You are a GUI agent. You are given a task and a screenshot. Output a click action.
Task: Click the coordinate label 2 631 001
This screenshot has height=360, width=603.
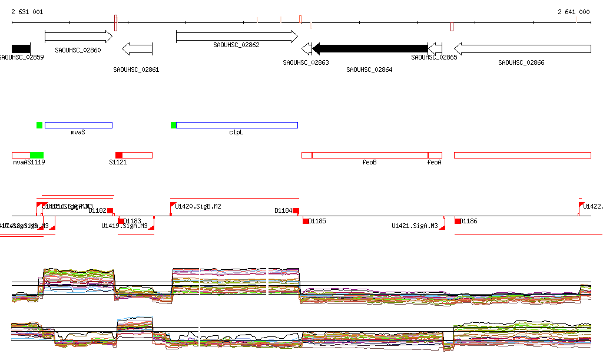coord(26,12)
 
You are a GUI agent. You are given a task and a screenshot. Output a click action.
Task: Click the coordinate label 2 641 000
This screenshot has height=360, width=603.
coord(574,12)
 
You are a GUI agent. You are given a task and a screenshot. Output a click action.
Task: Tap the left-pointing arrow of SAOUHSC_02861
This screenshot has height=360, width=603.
coord(137,48)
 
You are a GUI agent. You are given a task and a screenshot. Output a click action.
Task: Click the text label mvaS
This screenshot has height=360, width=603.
coord(78,132)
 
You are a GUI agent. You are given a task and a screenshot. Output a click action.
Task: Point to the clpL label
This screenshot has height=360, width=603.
coord(236,132)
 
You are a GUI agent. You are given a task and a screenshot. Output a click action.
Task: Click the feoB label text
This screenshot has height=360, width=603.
coord(369,162)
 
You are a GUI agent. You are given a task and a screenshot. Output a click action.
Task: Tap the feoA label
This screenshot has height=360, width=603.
coord(434,162)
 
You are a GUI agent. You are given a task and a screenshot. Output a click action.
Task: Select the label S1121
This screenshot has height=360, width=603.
coord(118,162)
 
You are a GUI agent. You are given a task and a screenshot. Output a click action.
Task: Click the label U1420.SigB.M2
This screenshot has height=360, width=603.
coord(198,206)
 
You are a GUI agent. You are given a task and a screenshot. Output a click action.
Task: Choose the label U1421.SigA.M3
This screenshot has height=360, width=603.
coord(415,226)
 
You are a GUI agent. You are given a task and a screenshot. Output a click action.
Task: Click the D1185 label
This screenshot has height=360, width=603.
coord(317,221)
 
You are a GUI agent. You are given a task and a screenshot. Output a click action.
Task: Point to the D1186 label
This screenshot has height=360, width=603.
coord(469,221)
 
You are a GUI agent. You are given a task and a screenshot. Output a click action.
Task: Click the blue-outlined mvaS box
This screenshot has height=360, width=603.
coord(78,125)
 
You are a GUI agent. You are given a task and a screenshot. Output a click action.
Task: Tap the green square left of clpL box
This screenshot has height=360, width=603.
coord(173,125)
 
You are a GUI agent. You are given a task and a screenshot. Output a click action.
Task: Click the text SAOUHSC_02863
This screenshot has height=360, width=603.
coord(306,62)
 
